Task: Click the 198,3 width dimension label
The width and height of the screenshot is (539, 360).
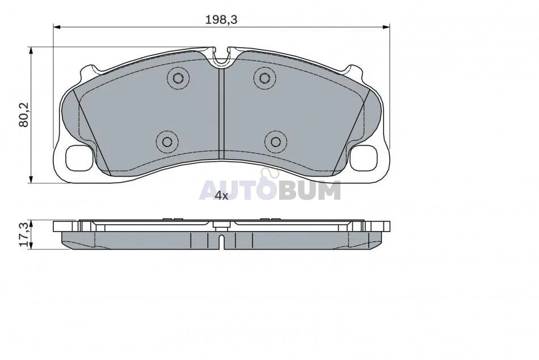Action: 221,20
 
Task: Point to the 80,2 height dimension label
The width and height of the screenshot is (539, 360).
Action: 24,115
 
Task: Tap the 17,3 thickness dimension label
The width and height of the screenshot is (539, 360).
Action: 24,235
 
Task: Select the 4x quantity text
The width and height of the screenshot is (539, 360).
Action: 221,196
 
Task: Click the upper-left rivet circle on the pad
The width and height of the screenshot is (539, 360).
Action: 178,78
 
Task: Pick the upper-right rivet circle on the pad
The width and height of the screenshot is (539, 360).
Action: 264,78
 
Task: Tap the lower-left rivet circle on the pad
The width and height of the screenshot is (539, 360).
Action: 167,142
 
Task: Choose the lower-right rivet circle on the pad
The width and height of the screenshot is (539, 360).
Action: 276,142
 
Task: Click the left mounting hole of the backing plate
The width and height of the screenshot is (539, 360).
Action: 79,157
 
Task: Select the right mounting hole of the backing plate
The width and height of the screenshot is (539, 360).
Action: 364,157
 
